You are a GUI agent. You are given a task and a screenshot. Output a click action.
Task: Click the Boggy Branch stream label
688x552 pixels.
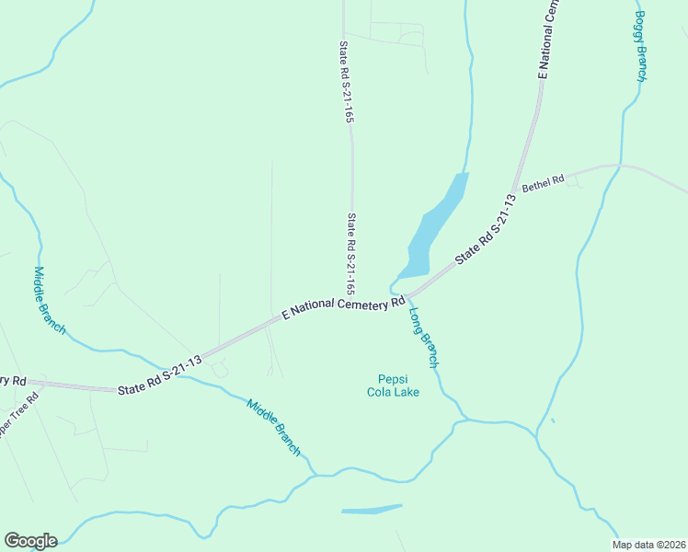(x=642, y=46)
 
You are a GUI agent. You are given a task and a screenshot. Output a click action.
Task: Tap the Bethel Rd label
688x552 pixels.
(x=542, y=184)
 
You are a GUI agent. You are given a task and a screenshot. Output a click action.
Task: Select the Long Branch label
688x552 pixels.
(x=423, y=336)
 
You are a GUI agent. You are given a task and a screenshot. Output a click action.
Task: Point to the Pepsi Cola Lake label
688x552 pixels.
(x=398, y=385)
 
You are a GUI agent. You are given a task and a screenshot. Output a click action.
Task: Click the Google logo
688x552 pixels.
(x=30, y=541)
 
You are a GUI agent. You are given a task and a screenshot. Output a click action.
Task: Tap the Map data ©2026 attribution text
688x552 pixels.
(x=648, y=545)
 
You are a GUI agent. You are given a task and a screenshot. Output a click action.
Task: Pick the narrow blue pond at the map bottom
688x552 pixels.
(x=371, y=509)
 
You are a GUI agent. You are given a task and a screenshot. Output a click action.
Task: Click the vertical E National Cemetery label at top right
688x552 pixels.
(x=549, y=39)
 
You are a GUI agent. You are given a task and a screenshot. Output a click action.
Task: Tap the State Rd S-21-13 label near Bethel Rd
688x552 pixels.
(x=485, y=231)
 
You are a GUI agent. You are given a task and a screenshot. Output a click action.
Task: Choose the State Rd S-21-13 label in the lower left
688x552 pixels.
(x=159, y=373)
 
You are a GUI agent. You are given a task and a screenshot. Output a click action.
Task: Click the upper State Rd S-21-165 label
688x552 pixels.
(x=347, y=82)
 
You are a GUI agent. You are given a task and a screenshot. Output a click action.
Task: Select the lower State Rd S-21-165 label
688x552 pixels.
(x=352, y=254)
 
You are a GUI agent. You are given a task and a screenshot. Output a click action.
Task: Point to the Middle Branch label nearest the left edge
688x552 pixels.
(x=49, y=301)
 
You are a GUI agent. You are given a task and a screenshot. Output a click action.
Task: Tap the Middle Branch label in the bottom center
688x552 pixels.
(x=273, y=428)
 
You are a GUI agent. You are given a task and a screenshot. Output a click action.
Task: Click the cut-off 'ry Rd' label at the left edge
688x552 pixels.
(x=13, y=380)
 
